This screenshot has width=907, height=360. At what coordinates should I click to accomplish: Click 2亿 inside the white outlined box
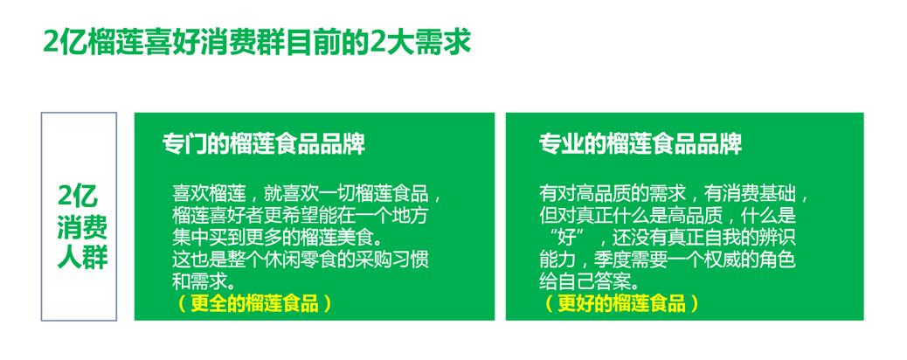click(x=78, y=197)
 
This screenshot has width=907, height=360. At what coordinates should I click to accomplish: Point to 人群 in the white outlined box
click(x=79, y=259)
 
